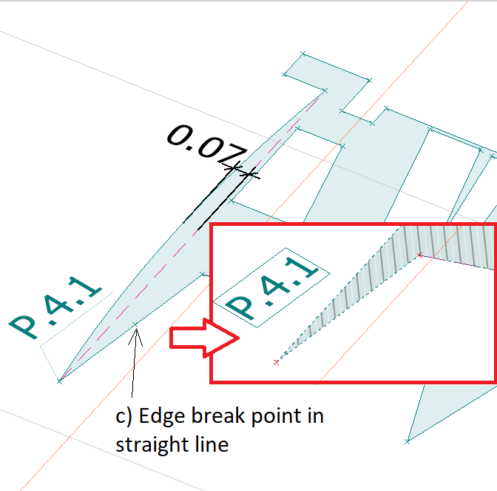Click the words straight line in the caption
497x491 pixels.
172,444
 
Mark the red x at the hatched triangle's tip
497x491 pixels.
276,362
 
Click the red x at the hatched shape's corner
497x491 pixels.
420,255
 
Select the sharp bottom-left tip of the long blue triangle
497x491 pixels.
60,381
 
